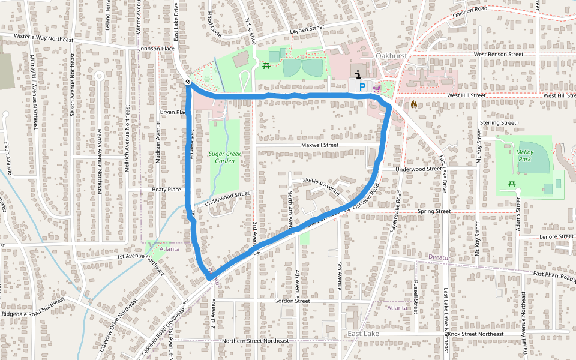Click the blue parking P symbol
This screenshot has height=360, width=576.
coord(362,87)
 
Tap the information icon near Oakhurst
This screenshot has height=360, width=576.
coord(358,74)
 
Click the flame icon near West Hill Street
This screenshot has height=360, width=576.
coord(413,104)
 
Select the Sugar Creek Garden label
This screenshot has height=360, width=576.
coord(224,157)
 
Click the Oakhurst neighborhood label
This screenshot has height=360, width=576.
coord(391,55)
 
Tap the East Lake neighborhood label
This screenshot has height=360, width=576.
coord(363,333)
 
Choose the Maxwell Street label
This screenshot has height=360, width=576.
coord(320,145)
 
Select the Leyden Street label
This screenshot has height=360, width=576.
coord(307,28)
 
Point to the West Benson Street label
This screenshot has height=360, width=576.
coord(498,54)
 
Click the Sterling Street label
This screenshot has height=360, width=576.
coord(498,122)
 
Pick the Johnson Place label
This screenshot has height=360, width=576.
coord(156,49)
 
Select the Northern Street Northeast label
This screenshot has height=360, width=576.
coord(255,341)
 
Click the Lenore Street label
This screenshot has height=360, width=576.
coord(557,236)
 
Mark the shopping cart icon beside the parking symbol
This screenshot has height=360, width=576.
coord(376,88)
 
